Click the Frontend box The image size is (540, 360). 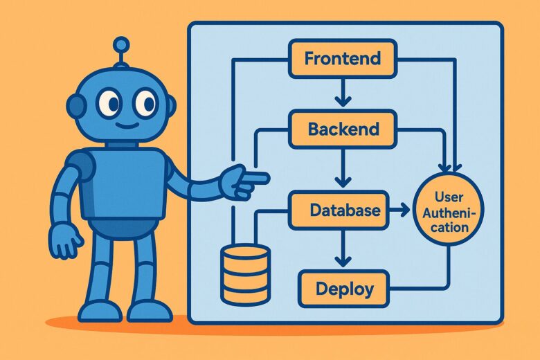[342, 58]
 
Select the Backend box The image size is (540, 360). [342, 129]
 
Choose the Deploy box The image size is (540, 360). [344, 289]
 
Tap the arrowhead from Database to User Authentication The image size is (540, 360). [402, 208]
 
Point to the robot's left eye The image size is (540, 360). [108, 103]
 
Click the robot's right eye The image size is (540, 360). [145, 103]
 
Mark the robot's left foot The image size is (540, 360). [98, 311]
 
